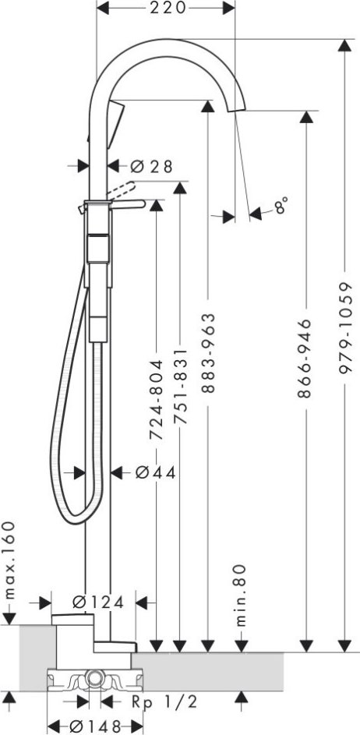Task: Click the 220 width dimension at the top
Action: coord(168,8)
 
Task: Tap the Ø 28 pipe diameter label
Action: coord(151,166)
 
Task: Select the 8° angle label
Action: coord(281,205)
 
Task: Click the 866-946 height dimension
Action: coord(305,359)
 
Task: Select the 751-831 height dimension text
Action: coord(181,386)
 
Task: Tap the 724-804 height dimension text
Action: coord(156,400)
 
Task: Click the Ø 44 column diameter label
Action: coord(156,473)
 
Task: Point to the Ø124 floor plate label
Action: coord(99,602)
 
